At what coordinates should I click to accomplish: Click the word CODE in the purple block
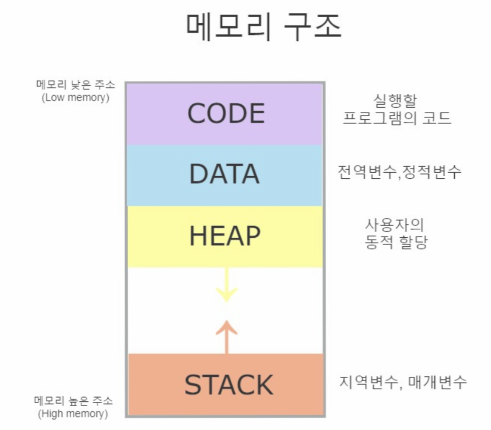tap(226, 113)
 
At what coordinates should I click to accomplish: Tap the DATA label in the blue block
tap(225, 174)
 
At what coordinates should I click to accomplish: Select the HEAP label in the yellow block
tap(225, 236)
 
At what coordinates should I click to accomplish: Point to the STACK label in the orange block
tap(228, 385)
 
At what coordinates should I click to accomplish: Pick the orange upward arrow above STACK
tap(227, 336)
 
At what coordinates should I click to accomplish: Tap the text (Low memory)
tap(76, 97)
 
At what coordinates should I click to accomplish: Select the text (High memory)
tap(73, 414)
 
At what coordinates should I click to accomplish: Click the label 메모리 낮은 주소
tap(76, 85)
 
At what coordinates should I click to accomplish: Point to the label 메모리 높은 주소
tap(73, 401)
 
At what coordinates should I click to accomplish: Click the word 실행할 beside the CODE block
tap(396, 101)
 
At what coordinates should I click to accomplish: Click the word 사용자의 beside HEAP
tap(394, 225)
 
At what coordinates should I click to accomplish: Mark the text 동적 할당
tap(396, 242)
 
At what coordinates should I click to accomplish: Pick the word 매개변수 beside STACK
tap(437, 382)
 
